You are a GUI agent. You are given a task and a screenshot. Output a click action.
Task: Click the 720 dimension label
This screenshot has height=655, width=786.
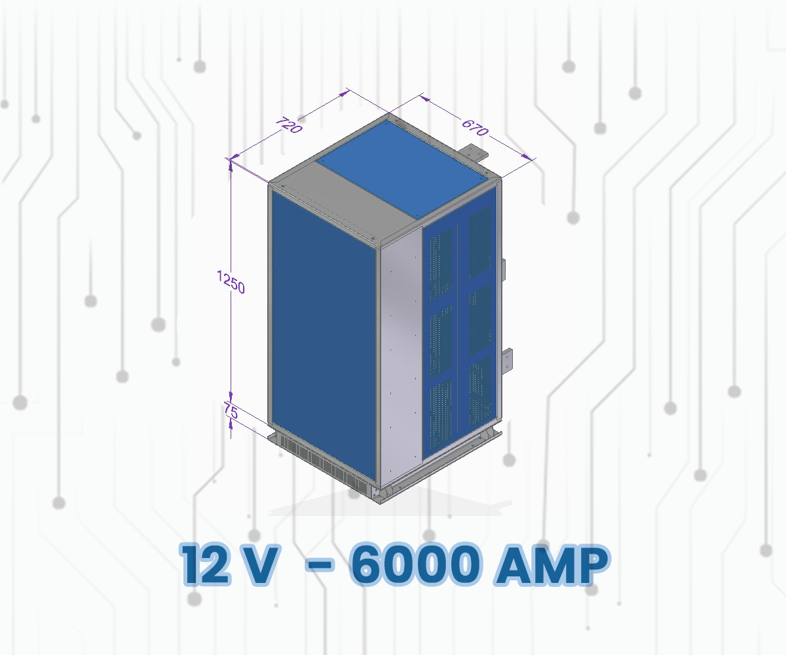point(288,125)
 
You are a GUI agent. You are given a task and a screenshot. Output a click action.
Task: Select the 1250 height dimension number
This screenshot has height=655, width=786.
point(231,283)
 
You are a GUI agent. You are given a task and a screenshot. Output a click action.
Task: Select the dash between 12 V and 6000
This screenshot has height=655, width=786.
point(318,564)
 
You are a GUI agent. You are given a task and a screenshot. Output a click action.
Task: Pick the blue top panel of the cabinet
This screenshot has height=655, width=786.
point(406,167)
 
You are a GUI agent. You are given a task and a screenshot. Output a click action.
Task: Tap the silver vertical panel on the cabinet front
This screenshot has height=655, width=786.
point(400,354)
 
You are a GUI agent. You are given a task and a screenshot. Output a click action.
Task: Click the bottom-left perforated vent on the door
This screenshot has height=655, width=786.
point(441,413)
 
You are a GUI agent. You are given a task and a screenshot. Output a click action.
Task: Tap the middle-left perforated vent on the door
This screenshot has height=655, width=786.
point(441,334)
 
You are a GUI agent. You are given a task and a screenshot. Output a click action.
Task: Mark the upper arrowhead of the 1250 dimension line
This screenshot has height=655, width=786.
point(231,164)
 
